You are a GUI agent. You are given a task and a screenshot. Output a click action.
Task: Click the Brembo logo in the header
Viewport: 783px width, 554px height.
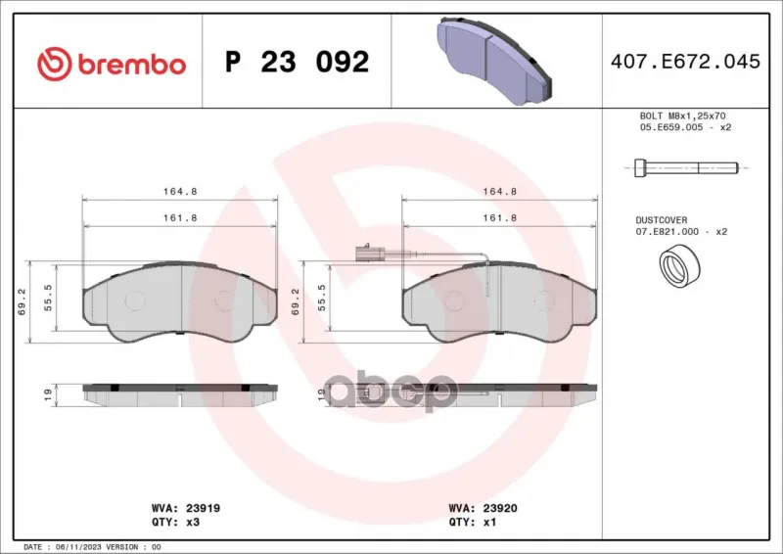pyautogui.click(x=112, y=65)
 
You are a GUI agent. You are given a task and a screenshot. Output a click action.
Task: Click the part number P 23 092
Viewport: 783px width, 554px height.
pyautogui.click(x=298, y=62)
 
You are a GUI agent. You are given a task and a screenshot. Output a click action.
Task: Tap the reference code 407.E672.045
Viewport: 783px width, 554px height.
pyautogui.click(x=685, y=62)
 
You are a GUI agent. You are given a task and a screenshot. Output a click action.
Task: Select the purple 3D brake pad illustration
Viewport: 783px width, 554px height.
pyautogui.click(x=495, y=61)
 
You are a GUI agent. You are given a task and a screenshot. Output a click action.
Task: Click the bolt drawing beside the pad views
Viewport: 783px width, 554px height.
pyautogui.click(x=686, y=167)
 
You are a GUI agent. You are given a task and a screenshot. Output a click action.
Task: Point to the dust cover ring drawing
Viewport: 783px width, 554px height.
pyautogui.click(x=679, y=266)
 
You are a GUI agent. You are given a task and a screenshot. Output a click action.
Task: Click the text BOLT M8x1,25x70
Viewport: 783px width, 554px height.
pyautogui.click(x=682, y=115)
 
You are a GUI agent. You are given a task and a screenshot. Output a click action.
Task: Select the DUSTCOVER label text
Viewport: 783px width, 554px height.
pyautogui.click(x=662, y=220)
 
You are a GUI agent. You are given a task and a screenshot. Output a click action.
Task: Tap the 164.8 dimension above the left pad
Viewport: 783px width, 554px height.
pyautogui.click(x=180, y=191)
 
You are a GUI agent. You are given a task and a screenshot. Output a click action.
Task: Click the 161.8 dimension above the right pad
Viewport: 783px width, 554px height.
pyautogui.click(x=499, y=218)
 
